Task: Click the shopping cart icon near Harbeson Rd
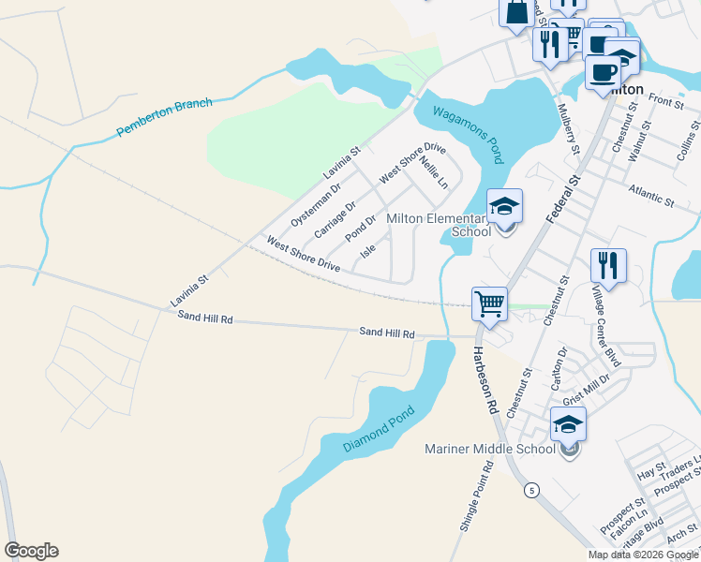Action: pyautogui.click(x=489, y=304)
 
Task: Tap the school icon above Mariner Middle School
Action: pyautogui.click(x=568, y=424)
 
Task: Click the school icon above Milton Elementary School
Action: pyautogui.click(x=504, y=207)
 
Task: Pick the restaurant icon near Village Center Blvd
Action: pyautogui.click(x=609, y=266)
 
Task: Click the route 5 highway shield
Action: pyautogui.click(x=531, y=490)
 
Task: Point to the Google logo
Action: pyautogui.click(x=31, y=551)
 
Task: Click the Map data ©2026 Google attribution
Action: pyautogui.click(x=643, y=555)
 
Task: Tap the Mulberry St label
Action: pyautogui.click(x=569, y=130)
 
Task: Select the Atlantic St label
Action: pyautogui.click(x=652, y=195)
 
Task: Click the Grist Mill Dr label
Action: pyautogui.click(x=586, y=389)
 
